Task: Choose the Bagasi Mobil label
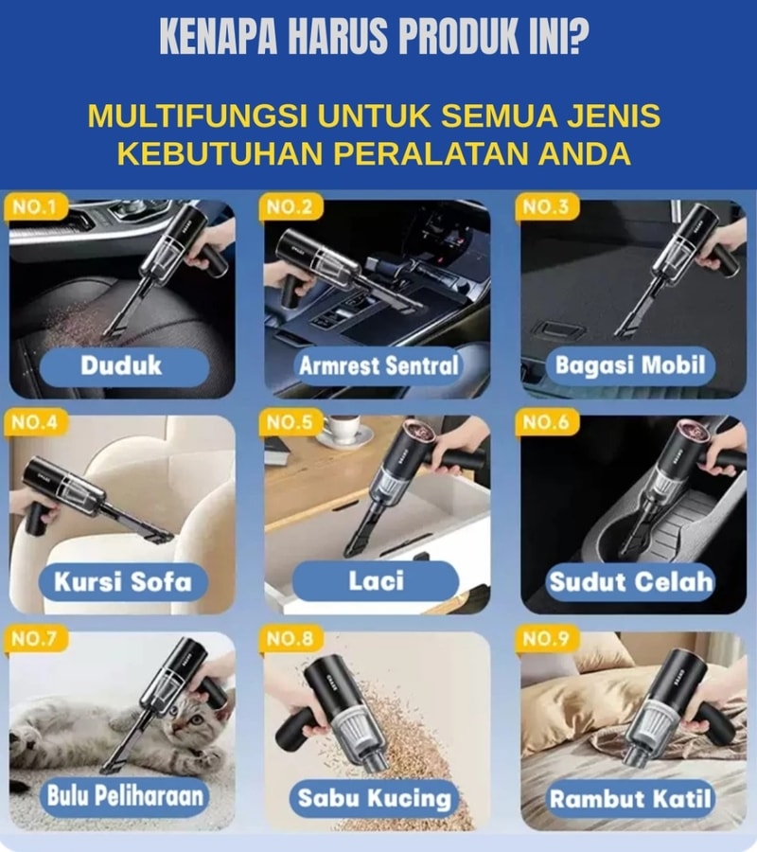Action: (x=630, y=365)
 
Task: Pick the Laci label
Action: (x=376, y=580)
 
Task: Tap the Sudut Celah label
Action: (x=630, y=581)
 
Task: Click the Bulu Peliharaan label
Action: (x=125, y=796)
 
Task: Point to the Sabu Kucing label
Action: (x=375, y=797)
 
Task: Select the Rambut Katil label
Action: (x=630, y=798)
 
